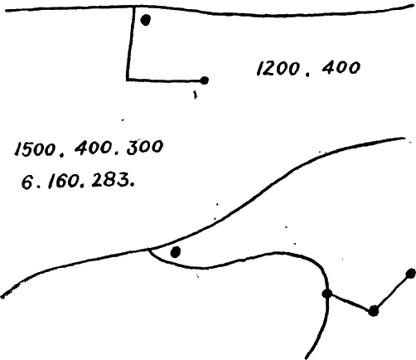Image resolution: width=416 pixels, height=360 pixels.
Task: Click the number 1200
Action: pos(278,68)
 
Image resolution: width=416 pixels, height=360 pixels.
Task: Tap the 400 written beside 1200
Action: pos(341,67)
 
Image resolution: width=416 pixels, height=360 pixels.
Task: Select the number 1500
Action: pos(35,149)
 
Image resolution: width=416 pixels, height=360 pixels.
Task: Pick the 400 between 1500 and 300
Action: pos(94,148)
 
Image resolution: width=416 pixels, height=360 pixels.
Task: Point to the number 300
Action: pos(145,147)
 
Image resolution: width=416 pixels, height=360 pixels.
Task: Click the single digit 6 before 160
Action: pos(27,182)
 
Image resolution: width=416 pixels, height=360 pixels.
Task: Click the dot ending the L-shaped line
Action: pos(204,80)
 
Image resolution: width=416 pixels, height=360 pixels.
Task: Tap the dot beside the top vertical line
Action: pos(146,20)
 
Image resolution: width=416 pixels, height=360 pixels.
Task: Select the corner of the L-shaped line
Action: pos(128,80)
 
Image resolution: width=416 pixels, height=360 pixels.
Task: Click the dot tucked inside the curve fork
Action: pos(176,252)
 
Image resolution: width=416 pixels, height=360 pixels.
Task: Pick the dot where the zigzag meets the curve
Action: pos(327,294)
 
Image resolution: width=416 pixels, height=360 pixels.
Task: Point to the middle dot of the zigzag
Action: pos(373,311)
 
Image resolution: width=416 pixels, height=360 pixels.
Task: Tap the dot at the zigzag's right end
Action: pos(411,274)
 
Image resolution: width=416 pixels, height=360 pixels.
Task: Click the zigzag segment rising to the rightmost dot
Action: pos(392,292)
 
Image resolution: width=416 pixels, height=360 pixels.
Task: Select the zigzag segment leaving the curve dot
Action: pos(351,302)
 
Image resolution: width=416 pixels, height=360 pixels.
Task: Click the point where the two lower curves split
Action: pos(148,249)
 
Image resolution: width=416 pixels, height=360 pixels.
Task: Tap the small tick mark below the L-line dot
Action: pos(195,95)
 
